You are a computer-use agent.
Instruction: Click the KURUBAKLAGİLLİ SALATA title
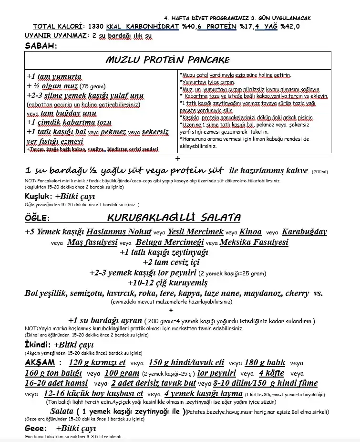click(x=174, y=218)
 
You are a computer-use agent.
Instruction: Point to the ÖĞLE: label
click(x=37, y=219)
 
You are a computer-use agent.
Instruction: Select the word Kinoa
click(x=250, y=232)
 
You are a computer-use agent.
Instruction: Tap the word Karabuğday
click(x=304, y=232)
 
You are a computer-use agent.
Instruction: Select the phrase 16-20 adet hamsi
click(x=56, y=383)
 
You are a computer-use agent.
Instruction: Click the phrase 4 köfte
click(x=271, y=373)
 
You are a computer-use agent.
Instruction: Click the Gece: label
click(x=36, y=428)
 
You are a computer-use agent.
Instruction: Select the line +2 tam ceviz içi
click(x=171, y=262)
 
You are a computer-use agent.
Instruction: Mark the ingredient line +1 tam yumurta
click(x=54, y=76)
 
